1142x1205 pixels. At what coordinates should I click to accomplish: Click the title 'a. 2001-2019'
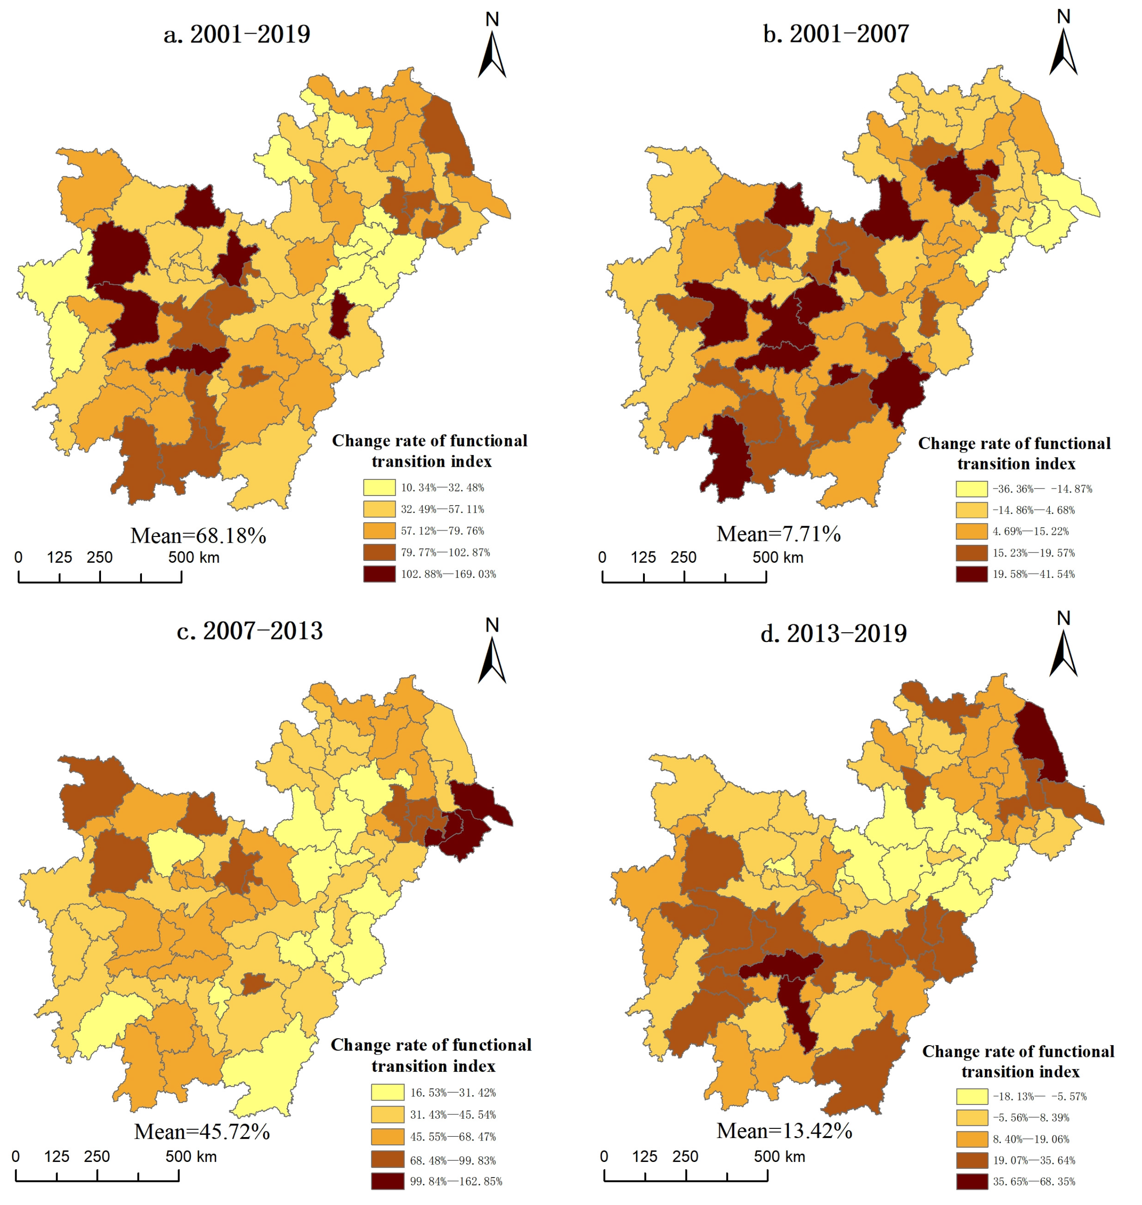coord(237,34)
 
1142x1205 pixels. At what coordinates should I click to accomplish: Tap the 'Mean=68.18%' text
coord(199,536)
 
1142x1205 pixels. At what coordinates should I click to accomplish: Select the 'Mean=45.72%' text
coord(202,1132)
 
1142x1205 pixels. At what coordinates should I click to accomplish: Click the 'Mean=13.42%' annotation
coord(784,1131)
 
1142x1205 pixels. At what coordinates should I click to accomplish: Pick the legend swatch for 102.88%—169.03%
coord(379,574)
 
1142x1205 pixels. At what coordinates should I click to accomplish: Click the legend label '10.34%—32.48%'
coord(442,488)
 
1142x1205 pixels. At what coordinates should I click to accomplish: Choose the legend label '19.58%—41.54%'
coord(1034,574)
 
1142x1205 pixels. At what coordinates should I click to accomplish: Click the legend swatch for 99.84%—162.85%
coord(387,1181)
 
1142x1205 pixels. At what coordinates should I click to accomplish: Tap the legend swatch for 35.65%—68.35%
coord(972,1181)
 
